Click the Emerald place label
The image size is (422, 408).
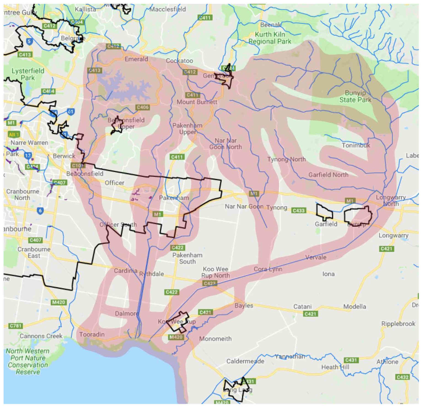[x=136, y=59]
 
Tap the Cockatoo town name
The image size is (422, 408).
[x=179, y=61]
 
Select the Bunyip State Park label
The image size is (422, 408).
[x=355, y=96]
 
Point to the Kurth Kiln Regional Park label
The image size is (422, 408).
[x=270, y=38]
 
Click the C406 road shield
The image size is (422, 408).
[x=143, y=107]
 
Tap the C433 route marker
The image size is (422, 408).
[x=298, y=210]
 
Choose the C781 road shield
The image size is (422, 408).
[x=15, y=326]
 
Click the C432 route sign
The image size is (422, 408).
[x=402, y=377]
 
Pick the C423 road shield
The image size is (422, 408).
[x=209, y=283]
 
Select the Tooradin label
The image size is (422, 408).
[x=92, y=334]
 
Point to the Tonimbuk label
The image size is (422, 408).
[x=356, y=145]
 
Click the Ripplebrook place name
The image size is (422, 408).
[x=398, y=324]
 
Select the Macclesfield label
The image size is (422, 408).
[x=168, y=9]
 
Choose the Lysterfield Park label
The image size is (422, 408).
[x=28, y=74]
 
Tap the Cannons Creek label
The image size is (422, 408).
[x=41, y=336]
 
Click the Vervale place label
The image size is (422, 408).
[x=316, y=257]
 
